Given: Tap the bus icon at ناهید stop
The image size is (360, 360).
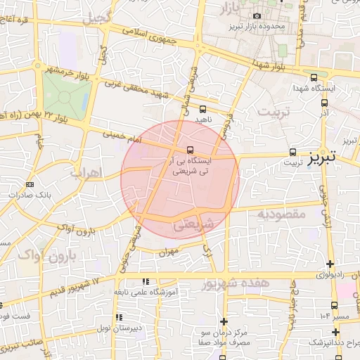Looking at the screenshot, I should click(203, 109).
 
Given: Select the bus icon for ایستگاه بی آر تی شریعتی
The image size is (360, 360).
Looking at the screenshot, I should click(190, 150).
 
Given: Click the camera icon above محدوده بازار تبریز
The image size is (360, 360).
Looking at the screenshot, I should click(257, 15).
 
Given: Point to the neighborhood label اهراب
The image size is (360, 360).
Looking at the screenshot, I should click(88, 172).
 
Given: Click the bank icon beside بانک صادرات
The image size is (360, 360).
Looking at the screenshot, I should click(29, 185).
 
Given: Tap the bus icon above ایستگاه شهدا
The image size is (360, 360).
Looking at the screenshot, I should click(314, 77).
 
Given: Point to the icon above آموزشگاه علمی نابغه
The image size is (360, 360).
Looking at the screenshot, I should click(146, 281).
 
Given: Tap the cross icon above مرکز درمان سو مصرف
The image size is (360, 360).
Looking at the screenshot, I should click(224, 321).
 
